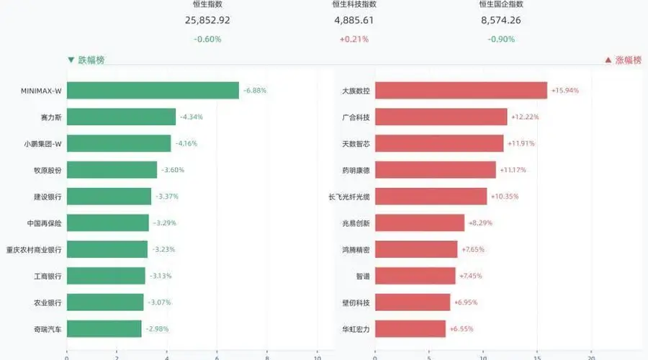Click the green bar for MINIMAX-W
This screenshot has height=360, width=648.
click(x=153, y=91)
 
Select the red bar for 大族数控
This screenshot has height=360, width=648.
click(x=462, y=91)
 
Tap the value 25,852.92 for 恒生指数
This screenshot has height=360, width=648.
click(x=207, y=20)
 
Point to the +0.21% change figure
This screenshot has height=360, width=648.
click(x=354, y=40)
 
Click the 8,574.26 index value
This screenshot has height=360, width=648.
click(x=501, y=20)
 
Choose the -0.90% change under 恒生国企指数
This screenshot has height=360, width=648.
click(x=501, y=40)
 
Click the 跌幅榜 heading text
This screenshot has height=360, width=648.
click(x=91, y=60)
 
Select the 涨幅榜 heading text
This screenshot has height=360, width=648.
click(x=628, y=60)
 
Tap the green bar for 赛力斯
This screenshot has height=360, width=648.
click(x=121, y=117)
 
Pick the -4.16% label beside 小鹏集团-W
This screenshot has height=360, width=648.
click(x=186, y=143)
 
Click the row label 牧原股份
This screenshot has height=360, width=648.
click(x=48, y=171)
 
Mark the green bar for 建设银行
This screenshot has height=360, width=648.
click(x=109, y=197)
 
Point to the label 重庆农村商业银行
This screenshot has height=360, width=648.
click(x=34, y=250)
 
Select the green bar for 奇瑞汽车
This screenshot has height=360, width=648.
click(x=104, y=329)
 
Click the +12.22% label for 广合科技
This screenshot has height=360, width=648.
click(x=526, y=117)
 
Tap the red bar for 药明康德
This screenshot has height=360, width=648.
click(x=436, y=170)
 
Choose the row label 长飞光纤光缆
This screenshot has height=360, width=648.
click(x=349, y=197)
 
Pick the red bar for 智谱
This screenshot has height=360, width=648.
click(x=415, y=276)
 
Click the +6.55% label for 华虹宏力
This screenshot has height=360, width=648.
click(x=462, y=329)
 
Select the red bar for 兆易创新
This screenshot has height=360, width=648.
click(x=420, y=222)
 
